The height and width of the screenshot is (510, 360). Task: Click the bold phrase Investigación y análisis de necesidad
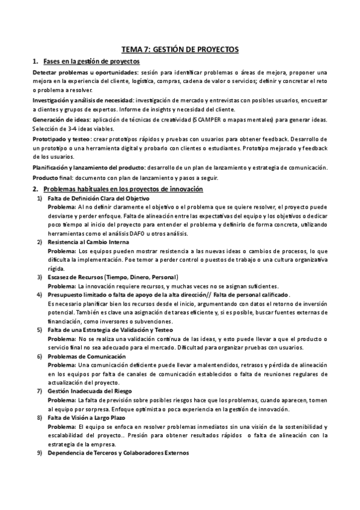[x=82, y=99]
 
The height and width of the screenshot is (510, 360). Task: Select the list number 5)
[x=39, y=330]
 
